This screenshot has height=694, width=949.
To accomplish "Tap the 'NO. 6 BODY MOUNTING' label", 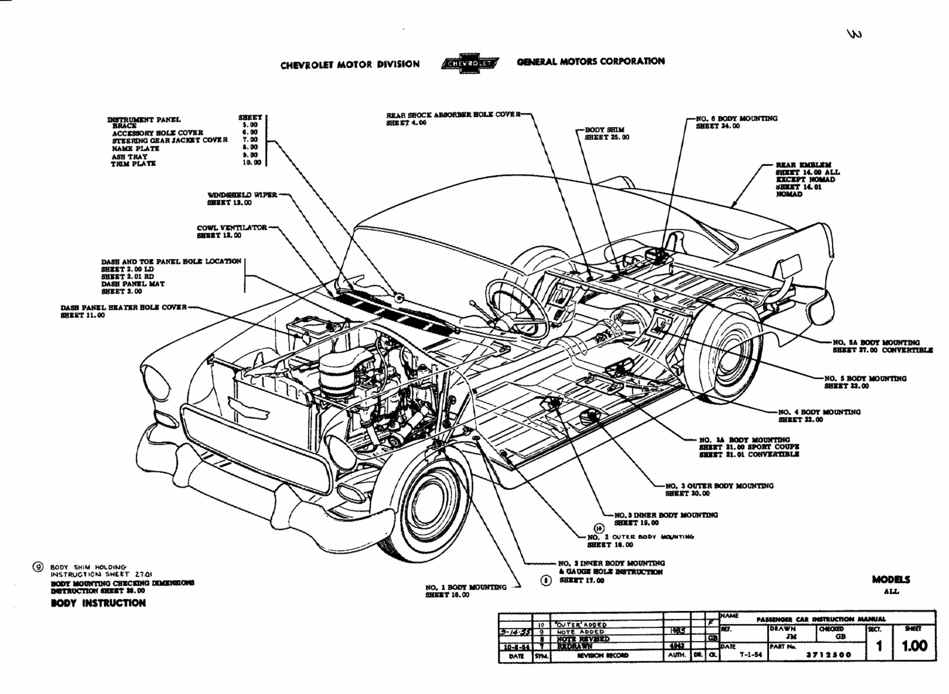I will coord(736,118).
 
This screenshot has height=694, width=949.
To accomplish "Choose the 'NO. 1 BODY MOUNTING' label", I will coord(465,587).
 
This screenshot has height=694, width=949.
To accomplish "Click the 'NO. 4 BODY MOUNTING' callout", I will coord(819,412).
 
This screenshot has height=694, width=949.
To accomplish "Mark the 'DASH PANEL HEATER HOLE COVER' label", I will coord(124,307).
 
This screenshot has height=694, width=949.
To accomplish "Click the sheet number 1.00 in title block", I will coord(914,646).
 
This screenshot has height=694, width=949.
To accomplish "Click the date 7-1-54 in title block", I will coord(750,655).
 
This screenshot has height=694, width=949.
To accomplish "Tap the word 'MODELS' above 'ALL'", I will coord(891,580).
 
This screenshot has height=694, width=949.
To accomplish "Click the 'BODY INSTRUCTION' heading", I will coord(98,603).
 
